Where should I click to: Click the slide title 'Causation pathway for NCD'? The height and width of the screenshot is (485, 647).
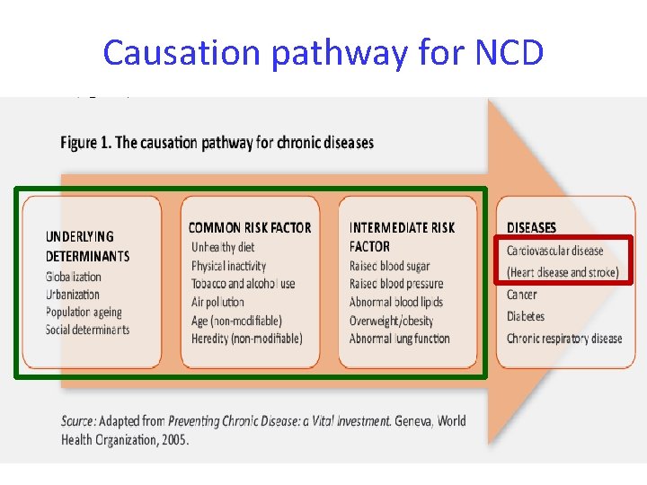click(323, 53)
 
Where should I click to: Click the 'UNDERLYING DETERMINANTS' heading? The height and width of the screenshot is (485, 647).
click(87, 246)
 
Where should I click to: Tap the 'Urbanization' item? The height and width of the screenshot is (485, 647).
click(73, 295)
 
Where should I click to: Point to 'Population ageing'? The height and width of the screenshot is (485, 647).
click(84, 312)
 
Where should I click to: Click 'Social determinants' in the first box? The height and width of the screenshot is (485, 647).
click(87, 330)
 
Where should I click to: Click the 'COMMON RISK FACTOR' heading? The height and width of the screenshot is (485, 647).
click(250, 228)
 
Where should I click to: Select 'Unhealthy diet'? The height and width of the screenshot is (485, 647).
click(223, 247)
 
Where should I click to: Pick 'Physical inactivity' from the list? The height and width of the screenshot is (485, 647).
click(229, 266)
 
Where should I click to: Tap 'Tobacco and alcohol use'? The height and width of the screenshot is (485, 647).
click(243, 284)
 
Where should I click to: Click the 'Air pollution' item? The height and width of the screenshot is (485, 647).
click(217, 303)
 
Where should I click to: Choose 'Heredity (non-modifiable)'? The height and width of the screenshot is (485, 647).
click(247, 339)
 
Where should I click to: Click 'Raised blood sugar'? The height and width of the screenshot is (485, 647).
click(390, 266)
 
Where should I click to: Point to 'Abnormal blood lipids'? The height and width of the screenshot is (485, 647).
click(396, 303)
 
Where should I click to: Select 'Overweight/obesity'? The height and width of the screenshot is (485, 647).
click(392, 321)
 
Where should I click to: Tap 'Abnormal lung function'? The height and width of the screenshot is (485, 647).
click(400, 339)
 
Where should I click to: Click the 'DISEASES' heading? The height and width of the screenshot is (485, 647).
click(532, 228)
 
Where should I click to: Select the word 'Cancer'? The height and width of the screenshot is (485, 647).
click(522, 295)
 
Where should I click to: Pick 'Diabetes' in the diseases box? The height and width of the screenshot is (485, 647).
click(526, 316)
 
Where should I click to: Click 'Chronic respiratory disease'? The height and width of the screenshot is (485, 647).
click(564, 339)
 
